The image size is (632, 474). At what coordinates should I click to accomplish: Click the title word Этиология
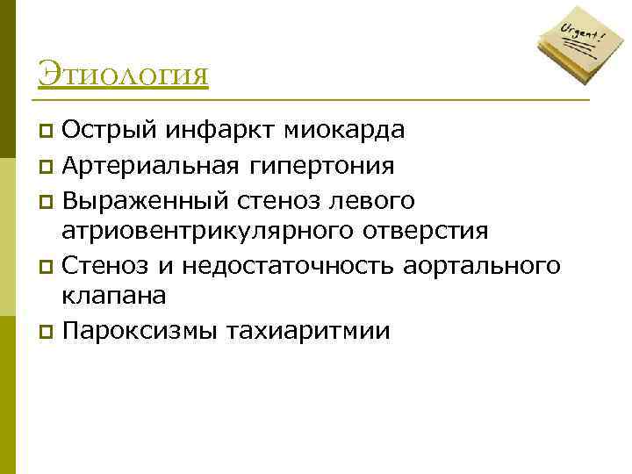click(x=124, y=74)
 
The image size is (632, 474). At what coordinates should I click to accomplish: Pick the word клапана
click(x=113, y=298)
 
